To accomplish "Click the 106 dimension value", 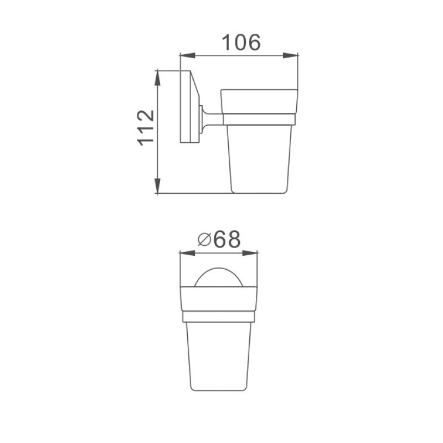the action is pos(241,43).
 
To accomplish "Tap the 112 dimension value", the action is pos(146,128).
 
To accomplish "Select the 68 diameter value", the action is pos(227,239).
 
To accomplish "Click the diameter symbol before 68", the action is pos(204,240).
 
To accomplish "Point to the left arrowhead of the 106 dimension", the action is pos(188,55).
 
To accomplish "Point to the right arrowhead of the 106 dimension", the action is pos(290,55).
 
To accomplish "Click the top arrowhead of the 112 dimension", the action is pos(157,78).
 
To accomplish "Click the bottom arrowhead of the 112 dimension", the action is pos(157,186).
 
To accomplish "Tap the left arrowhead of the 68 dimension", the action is pos(188,253).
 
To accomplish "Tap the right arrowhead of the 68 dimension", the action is pos(250,253).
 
